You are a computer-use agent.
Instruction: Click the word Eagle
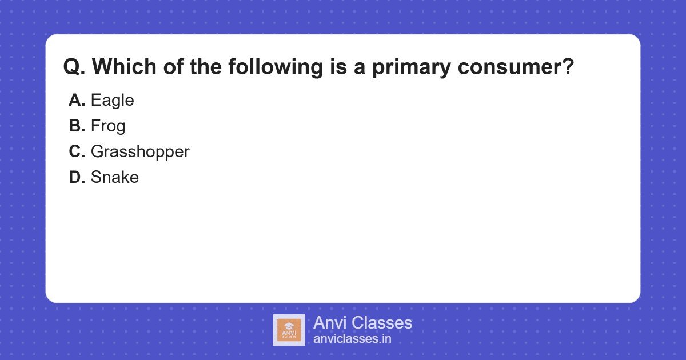click(112, 101)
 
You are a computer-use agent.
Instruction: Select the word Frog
click(108, 126)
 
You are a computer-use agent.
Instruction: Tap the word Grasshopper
click(140, 152)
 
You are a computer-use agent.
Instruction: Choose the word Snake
click(114, 177)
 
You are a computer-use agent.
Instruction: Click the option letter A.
click(77, 101)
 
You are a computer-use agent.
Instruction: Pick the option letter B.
click(77, 126)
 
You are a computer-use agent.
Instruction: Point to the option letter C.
click(77, 152)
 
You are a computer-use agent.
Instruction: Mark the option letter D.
click(77, 177)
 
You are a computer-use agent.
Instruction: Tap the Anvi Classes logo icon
click(289, 330)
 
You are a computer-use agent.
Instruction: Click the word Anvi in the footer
click(330, 323)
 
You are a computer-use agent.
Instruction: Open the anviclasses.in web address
click(352, 339)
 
